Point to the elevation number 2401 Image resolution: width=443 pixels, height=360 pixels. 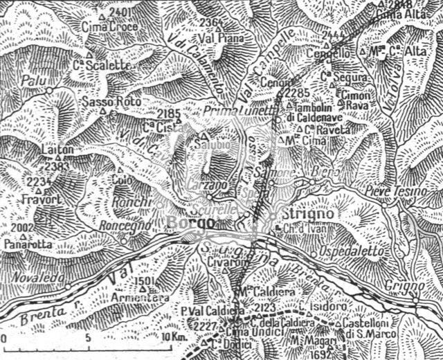(x=120, y=13)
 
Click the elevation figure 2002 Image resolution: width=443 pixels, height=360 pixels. (x=24, y=227)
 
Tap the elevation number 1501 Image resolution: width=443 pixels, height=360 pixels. (x=143, y=280)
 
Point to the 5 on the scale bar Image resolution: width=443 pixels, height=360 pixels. (x=88, y=336)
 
